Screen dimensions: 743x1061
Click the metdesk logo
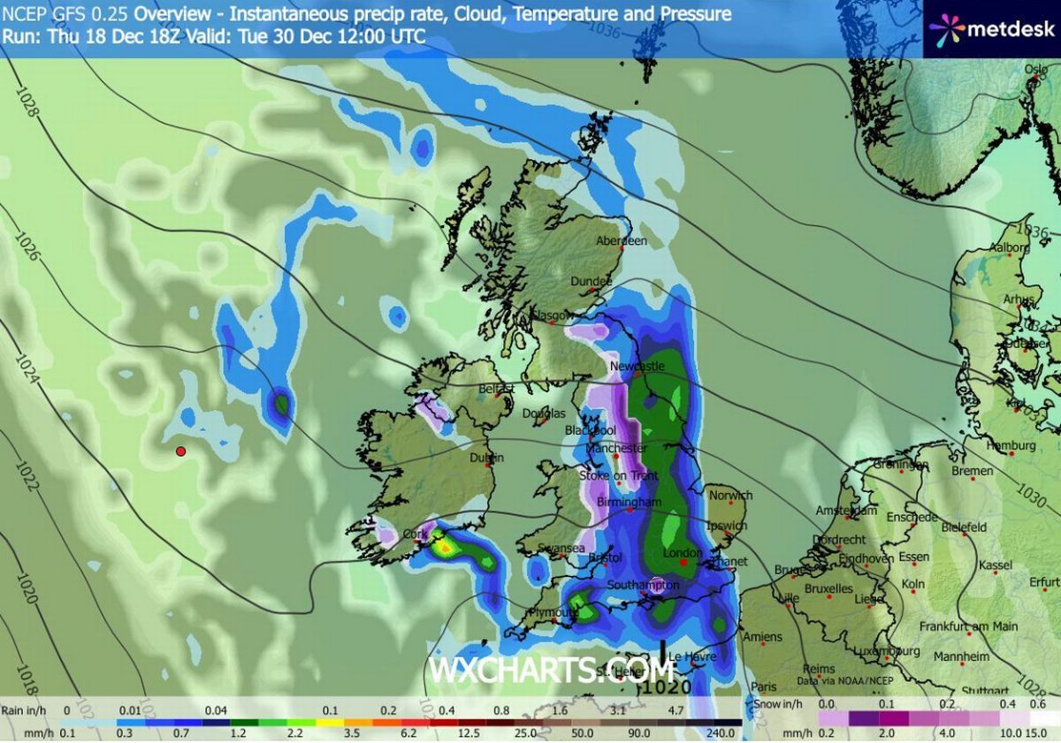tap(991, 28)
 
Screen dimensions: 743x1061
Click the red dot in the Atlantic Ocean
tap(180, 451)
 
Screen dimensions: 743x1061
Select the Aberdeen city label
tap(622, 240)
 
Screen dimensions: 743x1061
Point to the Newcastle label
tap(637, 366)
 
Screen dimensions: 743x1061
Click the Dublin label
tap(486, 458)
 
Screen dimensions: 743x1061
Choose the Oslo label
tap(1035, 69)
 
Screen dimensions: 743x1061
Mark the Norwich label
tap(730, 496)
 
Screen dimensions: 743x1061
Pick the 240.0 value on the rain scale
tap(721, 733)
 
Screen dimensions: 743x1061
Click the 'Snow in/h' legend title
tap(779, 704)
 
